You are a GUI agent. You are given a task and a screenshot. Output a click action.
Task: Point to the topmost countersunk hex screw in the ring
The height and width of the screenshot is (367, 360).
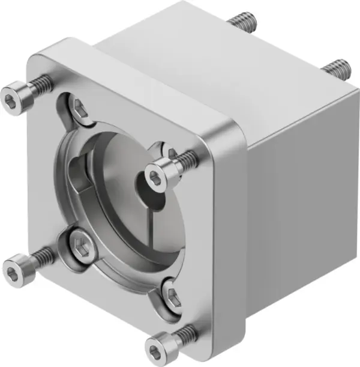[80, 109]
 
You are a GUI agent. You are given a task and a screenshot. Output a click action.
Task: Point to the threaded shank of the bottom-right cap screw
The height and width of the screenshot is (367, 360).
[187, 332]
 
